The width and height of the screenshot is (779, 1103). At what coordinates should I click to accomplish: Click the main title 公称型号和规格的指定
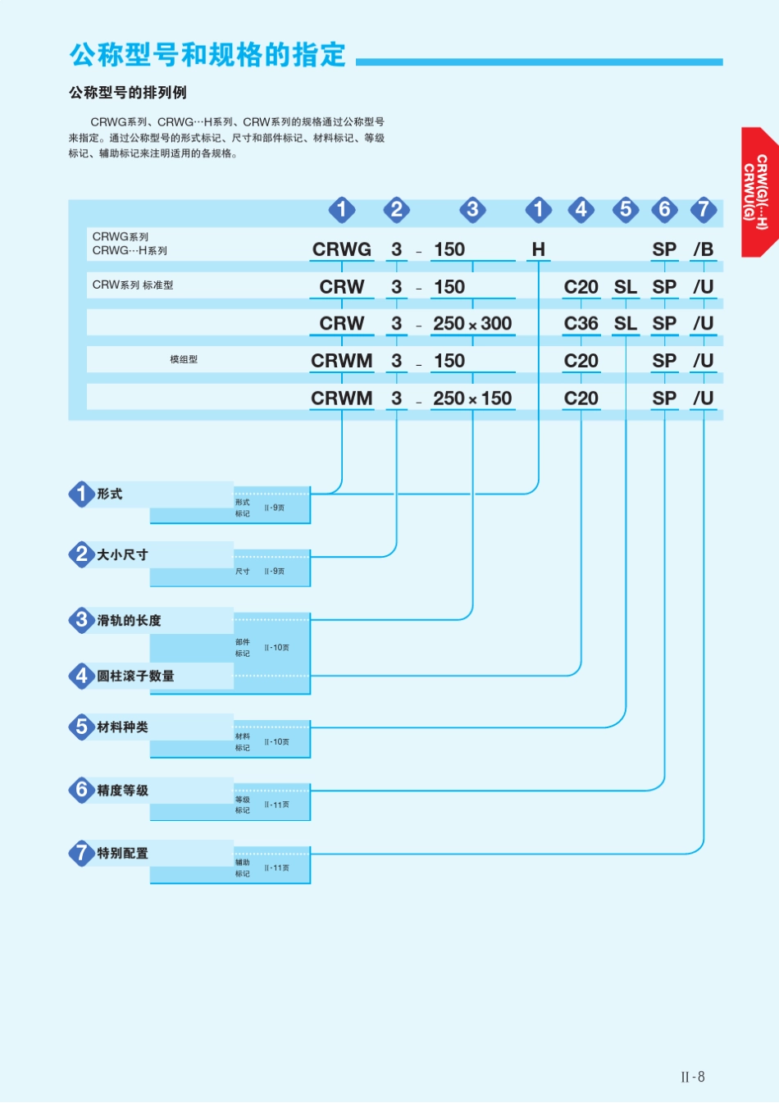coord(207,54)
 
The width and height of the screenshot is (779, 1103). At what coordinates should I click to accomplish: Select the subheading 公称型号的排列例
coord(128,93)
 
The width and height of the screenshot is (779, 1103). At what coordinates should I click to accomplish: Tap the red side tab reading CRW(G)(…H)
coord(760,192)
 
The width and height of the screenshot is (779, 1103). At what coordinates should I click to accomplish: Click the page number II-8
coord(693,1077)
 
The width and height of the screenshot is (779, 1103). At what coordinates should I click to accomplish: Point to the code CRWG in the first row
coord(342,249)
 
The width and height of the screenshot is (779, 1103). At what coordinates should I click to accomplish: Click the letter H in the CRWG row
coord(538,249)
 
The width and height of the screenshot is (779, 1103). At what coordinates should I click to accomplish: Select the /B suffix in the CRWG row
coord(704,249)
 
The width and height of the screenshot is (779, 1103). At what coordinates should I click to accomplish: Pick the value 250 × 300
coord(472,323)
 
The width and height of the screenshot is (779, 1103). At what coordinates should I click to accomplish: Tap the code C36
coord(581,323)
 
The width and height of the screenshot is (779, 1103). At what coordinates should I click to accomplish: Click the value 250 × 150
coord(472,399)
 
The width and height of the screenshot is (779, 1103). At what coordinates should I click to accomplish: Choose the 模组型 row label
coord(184,359)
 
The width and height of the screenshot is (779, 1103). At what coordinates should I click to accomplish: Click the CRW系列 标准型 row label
coord(133,285)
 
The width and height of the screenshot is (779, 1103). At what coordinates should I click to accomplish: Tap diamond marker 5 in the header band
coord(626,210)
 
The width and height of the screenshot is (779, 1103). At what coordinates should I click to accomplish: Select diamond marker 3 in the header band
coord(472,210)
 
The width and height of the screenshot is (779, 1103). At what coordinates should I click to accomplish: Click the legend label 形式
coord(109,494)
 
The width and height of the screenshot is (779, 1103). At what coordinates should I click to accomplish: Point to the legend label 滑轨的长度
coord(129,621)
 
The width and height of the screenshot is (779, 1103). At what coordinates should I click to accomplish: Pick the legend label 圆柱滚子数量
coord(135,676)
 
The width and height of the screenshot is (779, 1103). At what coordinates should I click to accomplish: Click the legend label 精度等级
coord(123,791)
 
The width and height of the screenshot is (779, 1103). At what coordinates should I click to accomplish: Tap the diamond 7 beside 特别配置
coord(82,853)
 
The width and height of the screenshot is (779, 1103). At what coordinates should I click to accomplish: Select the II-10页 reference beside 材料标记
coord(276,741)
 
